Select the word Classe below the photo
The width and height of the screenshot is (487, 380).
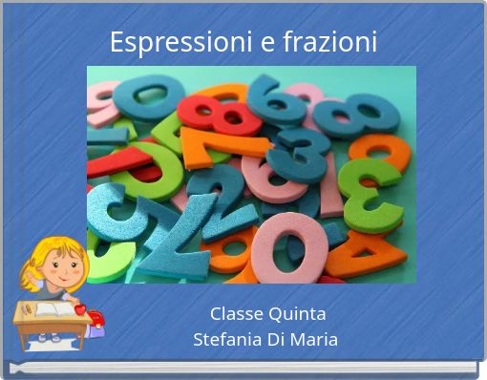(236, 313)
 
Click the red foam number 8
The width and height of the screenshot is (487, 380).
(222, 112)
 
